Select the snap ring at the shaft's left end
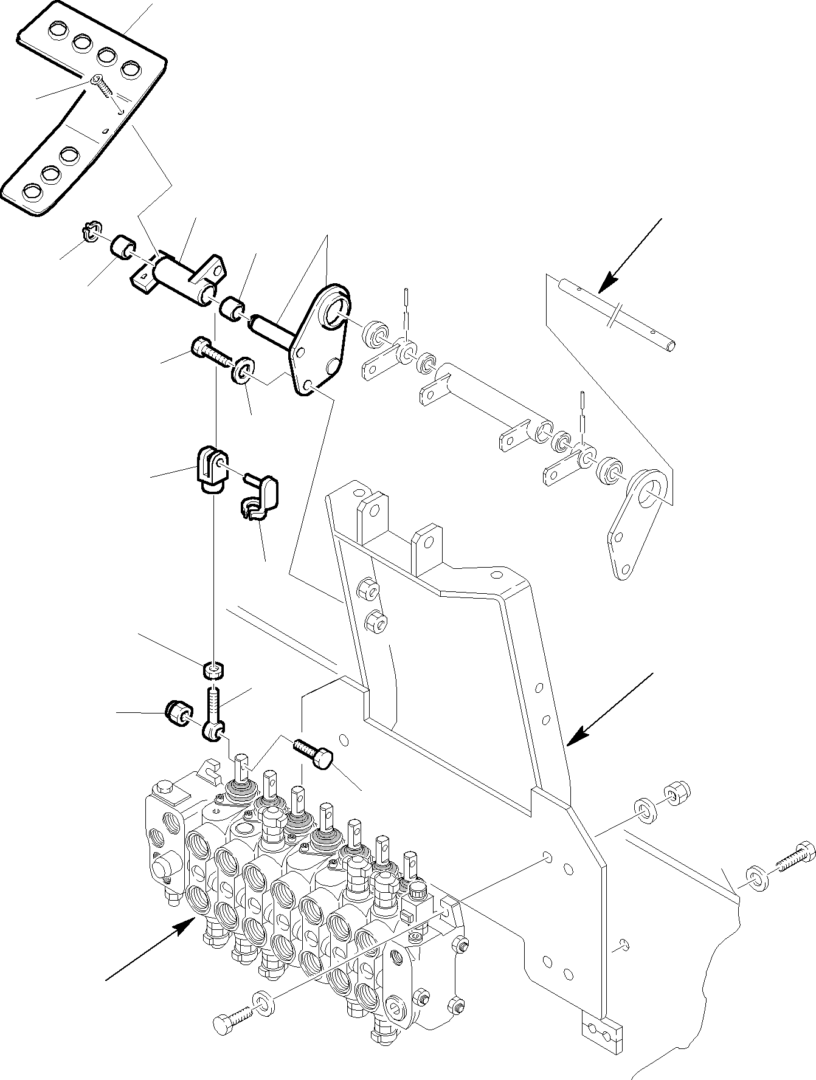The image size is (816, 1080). tap(89, 232)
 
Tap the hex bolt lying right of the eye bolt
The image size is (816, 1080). tap(313, 752)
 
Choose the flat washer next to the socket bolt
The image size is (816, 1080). tap(243, 370)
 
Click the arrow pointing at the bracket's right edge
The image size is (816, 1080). tap(608, 707)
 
